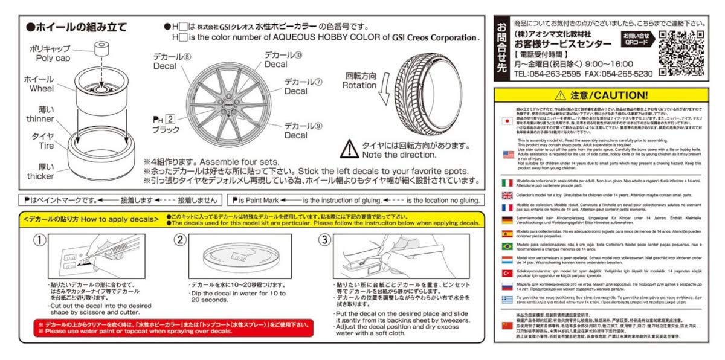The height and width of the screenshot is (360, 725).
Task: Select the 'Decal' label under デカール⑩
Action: coord(275,65)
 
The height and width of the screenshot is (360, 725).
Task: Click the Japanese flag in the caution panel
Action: coord(507,120)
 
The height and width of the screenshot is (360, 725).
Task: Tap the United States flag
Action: coord(507,155)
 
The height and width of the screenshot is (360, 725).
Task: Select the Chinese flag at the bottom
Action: coord(507,325)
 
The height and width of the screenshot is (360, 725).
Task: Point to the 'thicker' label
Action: coord(40,176)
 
